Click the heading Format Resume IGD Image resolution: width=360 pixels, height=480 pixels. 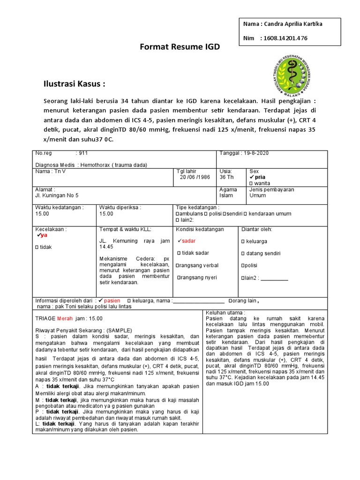click(180, 47)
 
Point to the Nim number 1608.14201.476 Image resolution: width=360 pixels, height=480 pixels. click(285, 38)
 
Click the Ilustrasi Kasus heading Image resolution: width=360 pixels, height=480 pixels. click(75, 84)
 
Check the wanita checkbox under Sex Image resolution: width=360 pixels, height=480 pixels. click(252, 183)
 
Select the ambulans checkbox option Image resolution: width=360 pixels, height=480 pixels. click(178, 214)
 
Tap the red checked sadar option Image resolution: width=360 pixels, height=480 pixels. click(186, 240)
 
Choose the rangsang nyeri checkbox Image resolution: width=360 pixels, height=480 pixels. click(179, 277)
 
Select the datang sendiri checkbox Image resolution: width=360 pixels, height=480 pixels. click(243, 253)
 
